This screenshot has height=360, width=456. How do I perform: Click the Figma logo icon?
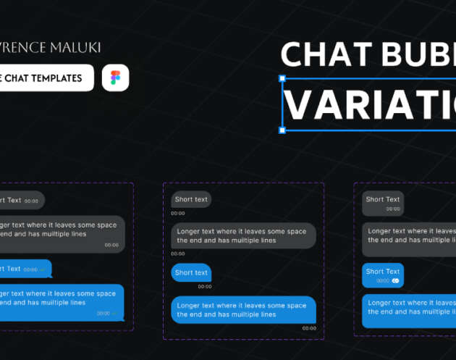point(115,78)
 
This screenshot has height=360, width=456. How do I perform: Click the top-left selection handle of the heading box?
point(282,78)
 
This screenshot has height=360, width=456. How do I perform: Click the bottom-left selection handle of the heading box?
point(282,130)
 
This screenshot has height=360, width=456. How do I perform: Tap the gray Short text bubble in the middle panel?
point(191,199)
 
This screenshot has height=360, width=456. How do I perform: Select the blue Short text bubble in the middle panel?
point(191,272)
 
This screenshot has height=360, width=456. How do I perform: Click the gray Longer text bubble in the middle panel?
point(243,236)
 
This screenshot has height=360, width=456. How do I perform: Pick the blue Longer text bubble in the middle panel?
point(243,310)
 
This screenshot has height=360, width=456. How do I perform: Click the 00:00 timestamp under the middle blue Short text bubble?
point(205,286)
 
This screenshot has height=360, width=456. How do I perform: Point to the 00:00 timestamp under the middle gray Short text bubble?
point(178,213)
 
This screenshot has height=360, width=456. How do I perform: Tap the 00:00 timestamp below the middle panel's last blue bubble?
point(309,328)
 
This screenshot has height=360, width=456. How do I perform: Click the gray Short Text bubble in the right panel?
point(383,203)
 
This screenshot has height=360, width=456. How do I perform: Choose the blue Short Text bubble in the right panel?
point(383,275)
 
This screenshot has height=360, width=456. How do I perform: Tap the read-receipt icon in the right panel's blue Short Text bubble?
point(396,280)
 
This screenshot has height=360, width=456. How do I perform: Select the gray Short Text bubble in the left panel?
point(20,200)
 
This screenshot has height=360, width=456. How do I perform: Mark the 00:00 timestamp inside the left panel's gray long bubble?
point(111,245)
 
